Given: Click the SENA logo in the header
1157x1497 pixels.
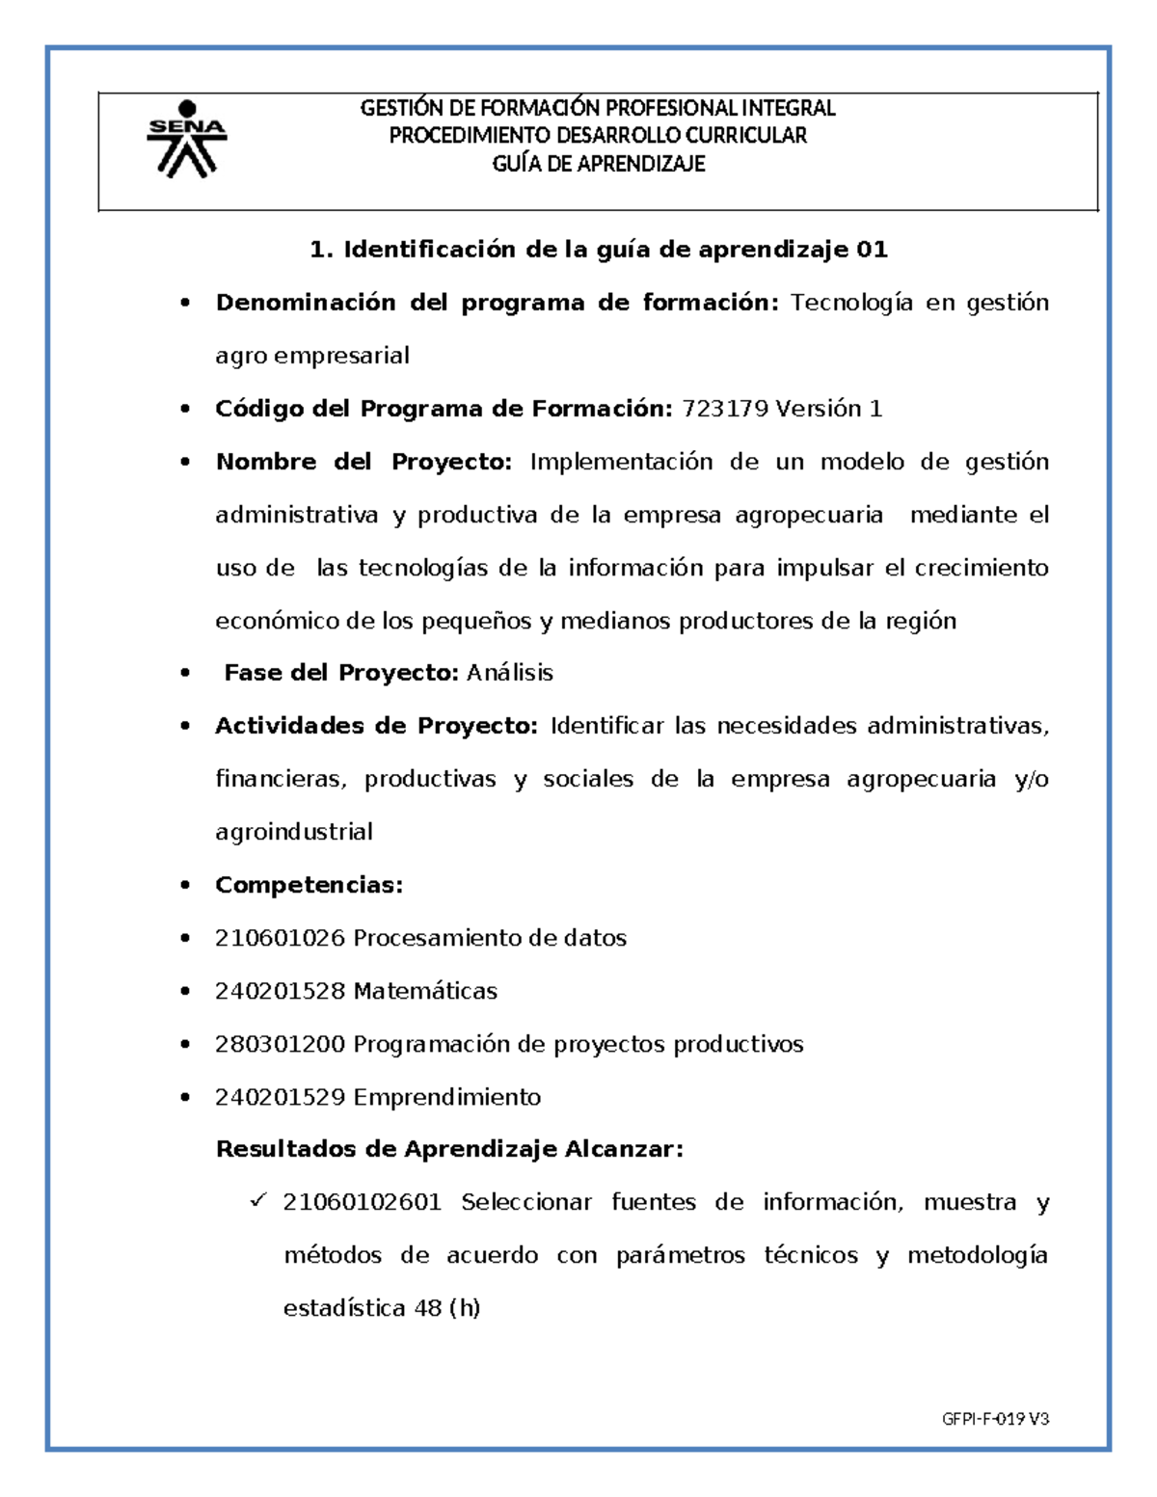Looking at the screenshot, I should coord(186,141).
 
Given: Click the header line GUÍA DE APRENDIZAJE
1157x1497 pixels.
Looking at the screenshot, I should coord(598,164).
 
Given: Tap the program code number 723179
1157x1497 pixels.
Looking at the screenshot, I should coord(724,409).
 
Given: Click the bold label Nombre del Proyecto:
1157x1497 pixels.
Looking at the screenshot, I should coord(363,462).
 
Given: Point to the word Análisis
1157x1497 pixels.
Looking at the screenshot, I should coord(510,673).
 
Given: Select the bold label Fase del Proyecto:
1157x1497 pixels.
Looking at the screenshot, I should coord(341,673).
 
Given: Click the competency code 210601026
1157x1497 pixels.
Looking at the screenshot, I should coord(280,938).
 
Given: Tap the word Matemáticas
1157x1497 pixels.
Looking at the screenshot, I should coord(425,991).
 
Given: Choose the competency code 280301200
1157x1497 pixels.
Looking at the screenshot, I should coord(280,1044).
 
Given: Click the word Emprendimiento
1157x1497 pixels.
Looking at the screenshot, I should coord(447,1097).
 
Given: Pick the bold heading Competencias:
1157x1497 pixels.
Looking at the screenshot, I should coord(309,885).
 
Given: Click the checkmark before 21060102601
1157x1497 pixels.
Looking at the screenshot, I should coord(257,1201).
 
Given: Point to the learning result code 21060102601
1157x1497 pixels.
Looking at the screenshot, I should coord(363,1202).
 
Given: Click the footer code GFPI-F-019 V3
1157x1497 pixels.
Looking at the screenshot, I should coord(995,1419).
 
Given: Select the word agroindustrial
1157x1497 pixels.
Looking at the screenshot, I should coord(294,832).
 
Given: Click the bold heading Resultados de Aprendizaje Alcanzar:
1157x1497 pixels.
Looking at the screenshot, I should coord(449,1149).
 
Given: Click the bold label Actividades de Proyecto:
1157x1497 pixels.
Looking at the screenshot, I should coord(376,726).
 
